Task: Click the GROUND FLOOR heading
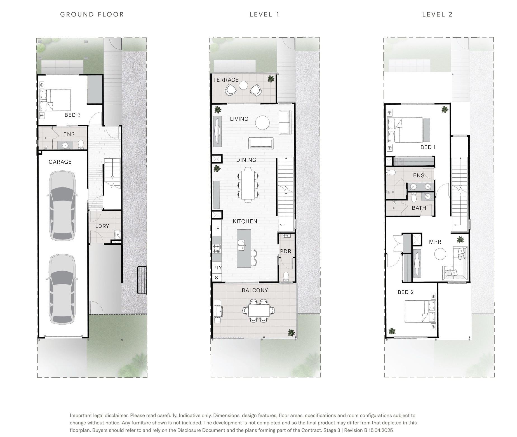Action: (92, 15)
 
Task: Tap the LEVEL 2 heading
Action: (437, 15)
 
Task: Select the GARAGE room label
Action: (60, 162)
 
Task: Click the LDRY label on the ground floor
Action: (102, 226)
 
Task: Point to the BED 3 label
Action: (72, 115)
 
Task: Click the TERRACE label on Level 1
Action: (226, 80)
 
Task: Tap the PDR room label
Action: (286, 251)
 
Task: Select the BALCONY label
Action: (255, 290)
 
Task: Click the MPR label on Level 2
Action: (435, 242)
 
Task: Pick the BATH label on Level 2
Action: (419, 208)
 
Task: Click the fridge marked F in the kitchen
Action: (217, 228)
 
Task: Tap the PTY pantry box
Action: (217, 268)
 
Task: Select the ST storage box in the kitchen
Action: (217, 278)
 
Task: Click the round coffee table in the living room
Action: (262, 123)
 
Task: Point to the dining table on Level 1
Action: (248, 185)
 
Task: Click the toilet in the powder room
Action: (286, 276)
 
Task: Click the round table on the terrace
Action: (243, 85)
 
